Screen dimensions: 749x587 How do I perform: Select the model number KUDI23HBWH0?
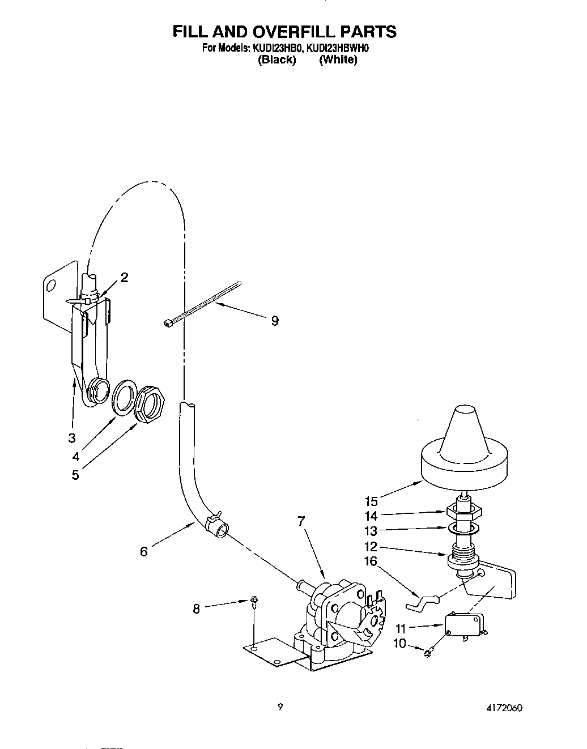pos(339,49)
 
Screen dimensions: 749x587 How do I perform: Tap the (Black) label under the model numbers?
pos(277,59)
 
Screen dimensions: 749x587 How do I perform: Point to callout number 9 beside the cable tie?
pos(275,321)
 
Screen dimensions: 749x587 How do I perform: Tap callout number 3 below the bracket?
pos(71,438)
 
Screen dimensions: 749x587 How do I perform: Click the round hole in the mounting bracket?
pos(50,285)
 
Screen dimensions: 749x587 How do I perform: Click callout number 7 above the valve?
pos(301,521)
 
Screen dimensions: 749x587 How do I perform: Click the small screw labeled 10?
pos(429,652)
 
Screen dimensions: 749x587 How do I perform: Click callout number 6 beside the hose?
pos(144,551)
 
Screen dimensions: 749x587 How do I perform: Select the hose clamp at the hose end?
pos(215,517)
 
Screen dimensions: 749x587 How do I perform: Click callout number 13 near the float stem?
pos(371,531)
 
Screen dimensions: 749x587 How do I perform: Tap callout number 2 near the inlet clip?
pos(124,277)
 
